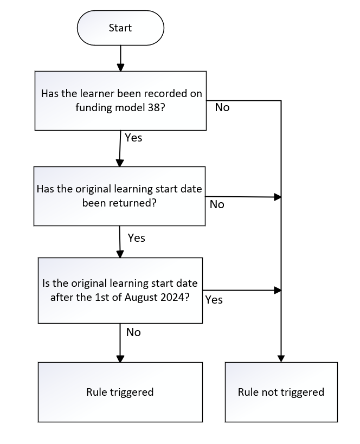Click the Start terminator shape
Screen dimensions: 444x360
tap(120, 28)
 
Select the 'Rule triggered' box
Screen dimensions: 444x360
tap(120, 392)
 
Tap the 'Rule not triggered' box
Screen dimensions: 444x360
tap(281, 392)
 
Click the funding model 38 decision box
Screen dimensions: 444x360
tap(120, 100)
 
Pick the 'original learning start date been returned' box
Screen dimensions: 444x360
tap(119, 196)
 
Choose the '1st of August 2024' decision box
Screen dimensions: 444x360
tap(120, 290)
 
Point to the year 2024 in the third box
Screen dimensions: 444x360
tap(175, 297)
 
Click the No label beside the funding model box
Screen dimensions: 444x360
tap(222, 107)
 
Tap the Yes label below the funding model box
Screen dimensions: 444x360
tap(133, 138)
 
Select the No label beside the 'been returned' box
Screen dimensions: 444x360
tap(217, 204)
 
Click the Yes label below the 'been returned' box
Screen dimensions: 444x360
tap(136, 237)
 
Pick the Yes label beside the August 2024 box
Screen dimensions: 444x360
tap(214, 299)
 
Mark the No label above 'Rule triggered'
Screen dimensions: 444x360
tap(133, 332)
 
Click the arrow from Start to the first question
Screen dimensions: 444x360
tap(120, 59)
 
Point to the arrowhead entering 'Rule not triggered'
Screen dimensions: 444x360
tap(281, 358)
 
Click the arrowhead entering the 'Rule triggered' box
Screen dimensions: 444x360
tap(120, 358)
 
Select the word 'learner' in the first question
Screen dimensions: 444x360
tap(95, 94)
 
